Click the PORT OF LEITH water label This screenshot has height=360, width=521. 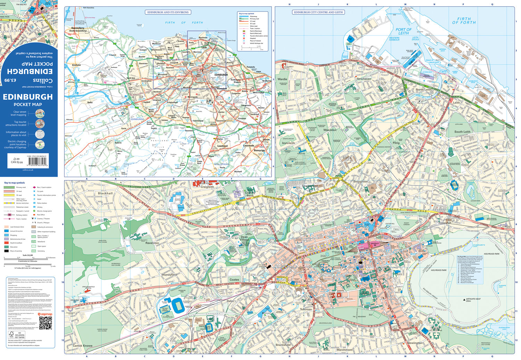[x=403, y=31]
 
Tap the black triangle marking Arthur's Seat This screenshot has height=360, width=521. [x=464, y=300]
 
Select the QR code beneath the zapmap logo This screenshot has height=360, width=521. [x=46, y=323]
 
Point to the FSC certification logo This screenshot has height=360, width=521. [x=12, y=335]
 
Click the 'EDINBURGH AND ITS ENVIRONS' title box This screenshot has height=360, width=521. [x=168, y=12]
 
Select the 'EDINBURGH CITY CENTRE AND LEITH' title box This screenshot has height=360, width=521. [x=318, y=12]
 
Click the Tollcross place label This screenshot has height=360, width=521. [x=306, y=309]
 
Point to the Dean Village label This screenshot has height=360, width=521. [x=245, y=238]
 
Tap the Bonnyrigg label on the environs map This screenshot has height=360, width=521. [x=259, y=150]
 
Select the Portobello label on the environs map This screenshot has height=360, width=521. [x=250, y=67]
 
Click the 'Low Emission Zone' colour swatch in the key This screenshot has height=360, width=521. [x=6, y=227]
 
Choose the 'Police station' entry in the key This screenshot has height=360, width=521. [x=42, y=203]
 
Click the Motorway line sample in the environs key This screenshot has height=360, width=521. [x=243, y=16]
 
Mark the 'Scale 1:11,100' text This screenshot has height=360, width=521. [x=28, y=255]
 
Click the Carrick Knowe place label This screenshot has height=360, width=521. [x=82, y=346]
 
